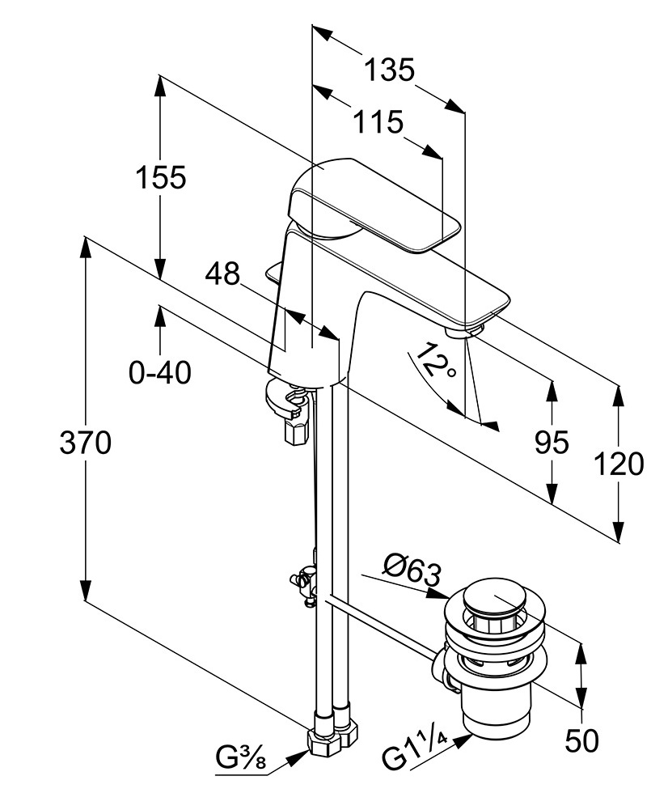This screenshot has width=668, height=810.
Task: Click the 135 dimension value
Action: (x=389, y=70)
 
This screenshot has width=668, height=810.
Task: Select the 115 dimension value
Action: (x=378, y=122)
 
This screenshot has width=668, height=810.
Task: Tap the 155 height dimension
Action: (x=161, y=177)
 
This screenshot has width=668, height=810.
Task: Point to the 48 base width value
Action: (x=222, y=274)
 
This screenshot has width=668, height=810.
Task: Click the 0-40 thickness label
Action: (x=160, y=372)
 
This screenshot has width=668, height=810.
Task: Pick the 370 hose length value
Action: (x=85, y=443)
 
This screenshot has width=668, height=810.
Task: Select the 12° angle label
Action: (x=435, y=361)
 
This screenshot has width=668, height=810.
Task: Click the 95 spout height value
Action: (x=552, y=442)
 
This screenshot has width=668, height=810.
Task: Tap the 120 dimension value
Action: (x=619, y=464)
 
